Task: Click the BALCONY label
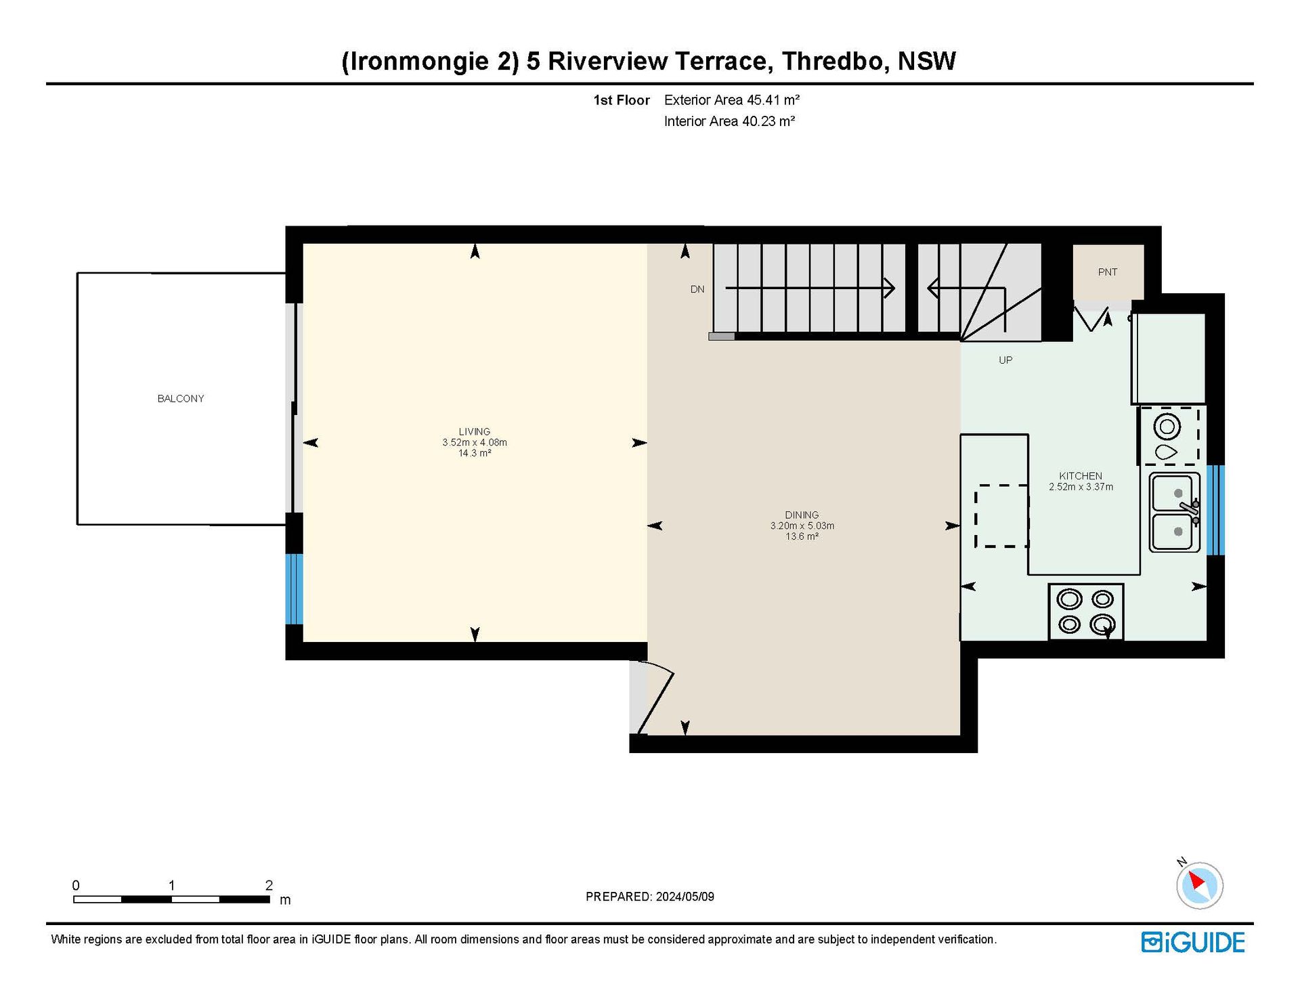[x=181, y=399]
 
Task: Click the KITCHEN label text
[x=1081, y=476]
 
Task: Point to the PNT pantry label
[x=1108, y=272]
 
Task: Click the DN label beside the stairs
[x=697, y=289]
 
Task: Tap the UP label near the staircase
[x=1005, y=360]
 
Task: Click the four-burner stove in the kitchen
[x=1086, y=612]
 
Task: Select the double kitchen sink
[x=1175, y=512]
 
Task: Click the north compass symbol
[x=1199, y=884]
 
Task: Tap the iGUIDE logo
[x=1193, y=943]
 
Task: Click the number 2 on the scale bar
[x=269, y=885]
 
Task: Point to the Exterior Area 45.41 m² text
[x=732, y=100]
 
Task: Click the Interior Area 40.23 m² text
[x=729, y=121]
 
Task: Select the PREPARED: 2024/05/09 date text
[x=650, y=897]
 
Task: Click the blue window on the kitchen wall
[x=1216, y=510]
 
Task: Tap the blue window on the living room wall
[x=294, y=589]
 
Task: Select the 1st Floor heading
[x=622, y=100]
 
